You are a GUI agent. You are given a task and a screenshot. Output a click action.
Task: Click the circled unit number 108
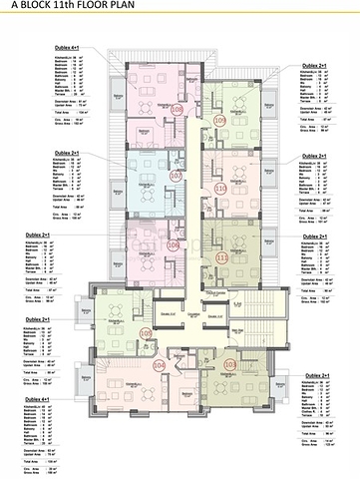177,110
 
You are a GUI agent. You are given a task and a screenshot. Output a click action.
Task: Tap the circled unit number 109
220,119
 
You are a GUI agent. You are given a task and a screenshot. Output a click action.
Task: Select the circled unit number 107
176,176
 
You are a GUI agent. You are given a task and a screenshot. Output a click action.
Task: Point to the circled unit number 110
220,187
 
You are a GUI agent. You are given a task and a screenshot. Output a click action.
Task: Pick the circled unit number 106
175,244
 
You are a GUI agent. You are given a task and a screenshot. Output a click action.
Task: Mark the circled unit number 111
220,256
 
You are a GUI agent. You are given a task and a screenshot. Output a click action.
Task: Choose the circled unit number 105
146,334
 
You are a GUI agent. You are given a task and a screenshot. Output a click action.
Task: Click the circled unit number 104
159,365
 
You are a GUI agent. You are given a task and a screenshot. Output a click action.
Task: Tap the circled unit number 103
230,365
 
